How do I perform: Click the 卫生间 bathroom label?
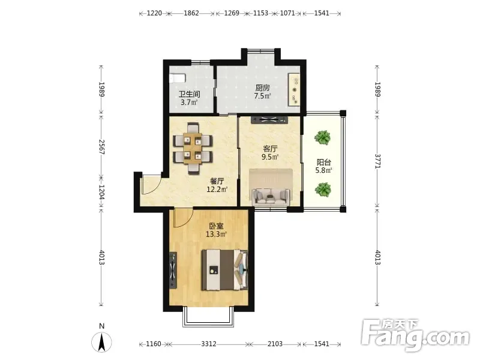189,94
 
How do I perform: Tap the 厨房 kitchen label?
263,88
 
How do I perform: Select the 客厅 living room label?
271,149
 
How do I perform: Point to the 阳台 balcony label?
324,162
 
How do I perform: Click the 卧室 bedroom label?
216,226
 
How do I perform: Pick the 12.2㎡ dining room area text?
217,190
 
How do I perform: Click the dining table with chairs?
193,148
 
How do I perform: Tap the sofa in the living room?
271,196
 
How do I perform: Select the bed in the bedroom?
224,269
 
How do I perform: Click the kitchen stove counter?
295,89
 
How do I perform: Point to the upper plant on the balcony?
322,137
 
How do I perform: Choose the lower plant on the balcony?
323,190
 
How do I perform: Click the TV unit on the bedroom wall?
173,271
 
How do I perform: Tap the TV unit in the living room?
269,119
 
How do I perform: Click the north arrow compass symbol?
101,342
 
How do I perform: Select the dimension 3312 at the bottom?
209,344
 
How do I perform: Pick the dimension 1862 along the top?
191,13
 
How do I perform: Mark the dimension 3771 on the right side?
377,161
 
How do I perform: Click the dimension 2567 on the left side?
101,147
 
